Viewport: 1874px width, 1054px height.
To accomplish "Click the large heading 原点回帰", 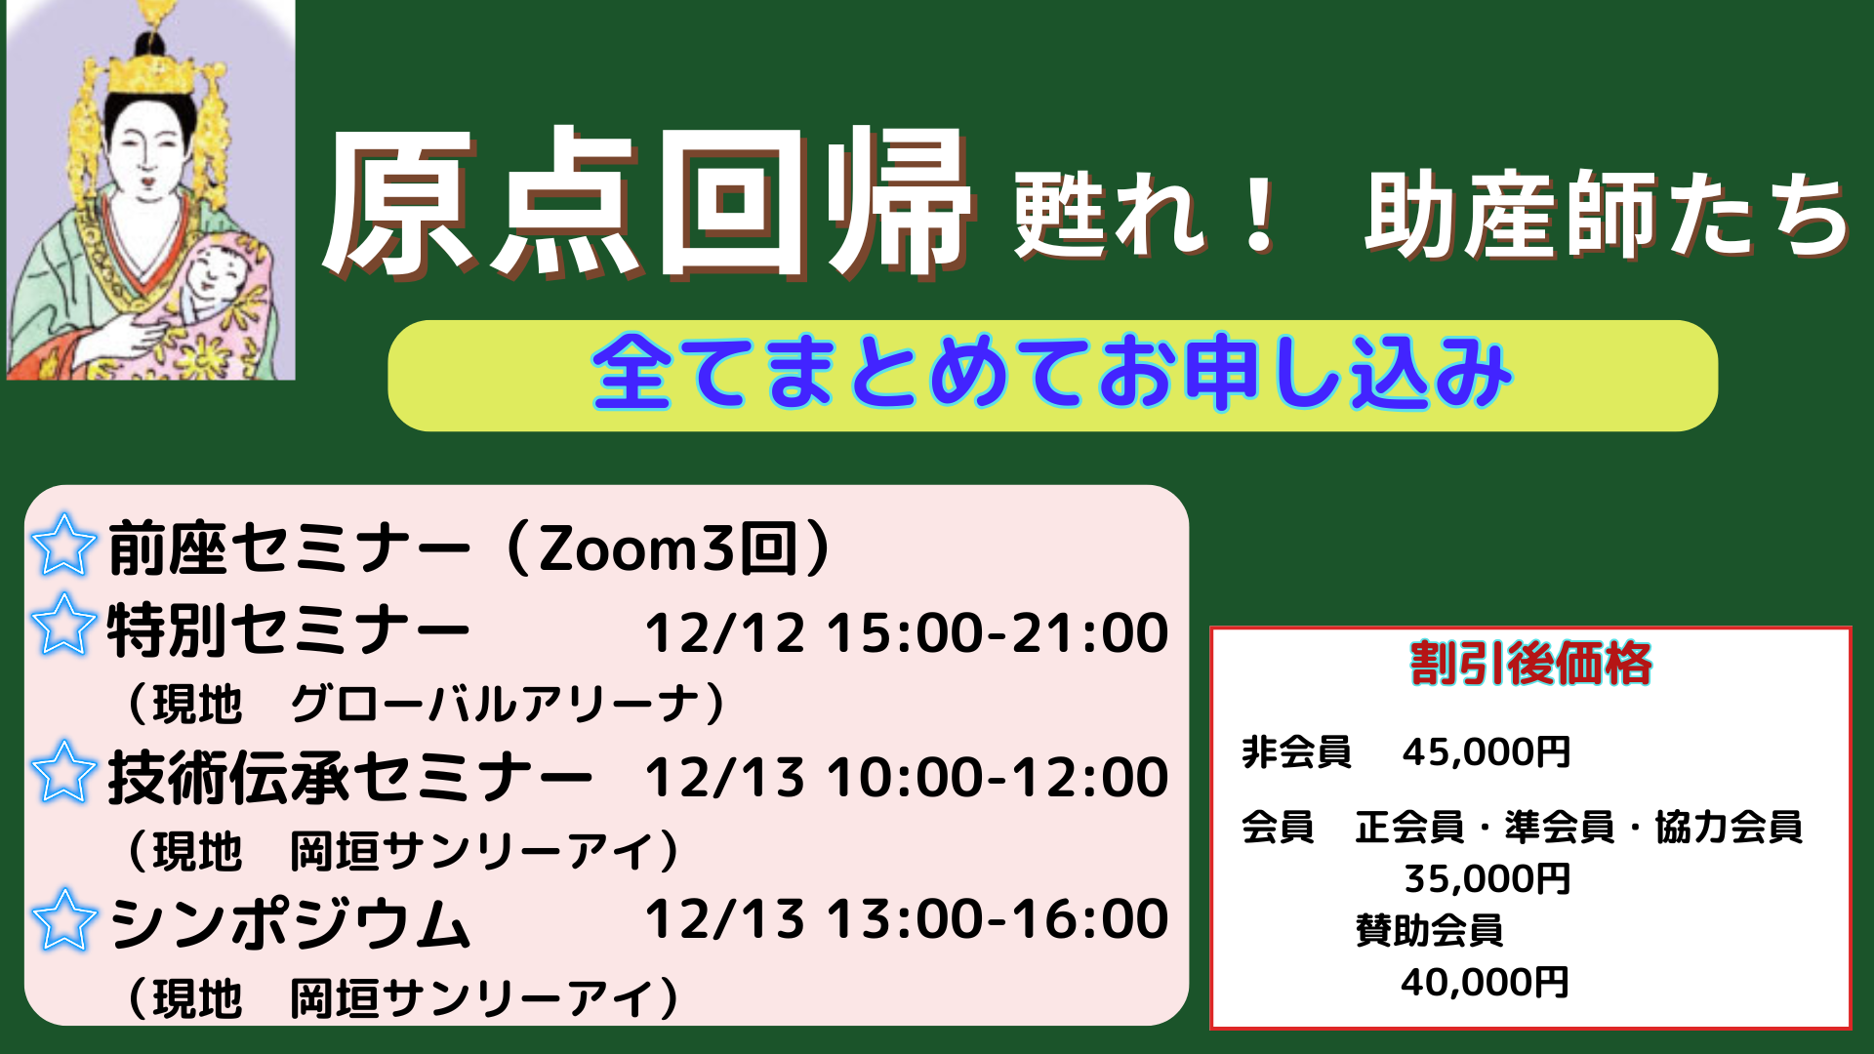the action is click(x=647, y=203).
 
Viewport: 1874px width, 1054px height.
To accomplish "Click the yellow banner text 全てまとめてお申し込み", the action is click(x=1052, y=373).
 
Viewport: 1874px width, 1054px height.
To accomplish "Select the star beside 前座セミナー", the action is click(x=63, y=546).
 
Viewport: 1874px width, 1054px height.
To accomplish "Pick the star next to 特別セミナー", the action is click(x=63, y=625).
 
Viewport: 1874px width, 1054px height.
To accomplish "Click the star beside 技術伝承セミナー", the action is click(x=63, y=771).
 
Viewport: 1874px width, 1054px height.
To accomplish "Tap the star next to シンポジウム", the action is click(x=63, y=919).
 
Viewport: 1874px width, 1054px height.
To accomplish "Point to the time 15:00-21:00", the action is click(x=998, y=632).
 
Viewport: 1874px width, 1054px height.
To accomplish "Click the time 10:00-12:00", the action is click(x=998, y=777).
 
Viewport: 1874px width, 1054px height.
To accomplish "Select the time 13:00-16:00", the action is click(x=998, y=919).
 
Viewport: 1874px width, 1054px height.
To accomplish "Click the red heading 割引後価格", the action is click(x=1530, y=664).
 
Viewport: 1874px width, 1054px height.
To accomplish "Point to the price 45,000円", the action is click(x=1487, y=752).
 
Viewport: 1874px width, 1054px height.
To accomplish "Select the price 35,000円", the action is click(x=1487, y=879).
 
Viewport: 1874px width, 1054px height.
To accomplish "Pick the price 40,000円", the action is click(x=1485, y=982).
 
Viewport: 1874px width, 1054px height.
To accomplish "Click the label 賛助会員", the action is click(x=1429, y=930).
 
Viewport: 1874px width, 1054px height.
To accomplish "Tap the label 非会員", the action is click(x=1296, y=752).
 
